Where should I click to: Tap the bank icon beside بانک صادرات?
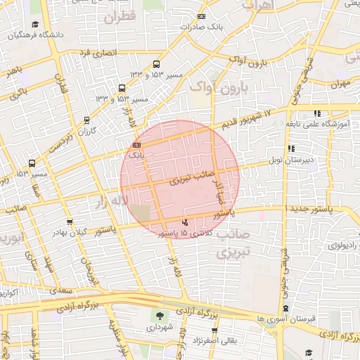click(202, 16)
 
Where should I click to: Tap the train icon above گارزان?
click(86, 120)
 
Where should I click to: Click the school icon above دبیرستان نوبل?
click(290, 148)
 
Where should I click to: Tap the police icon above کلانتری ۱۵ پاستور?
click(174, 223)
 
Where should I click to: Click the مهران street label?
click(342, 84)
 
